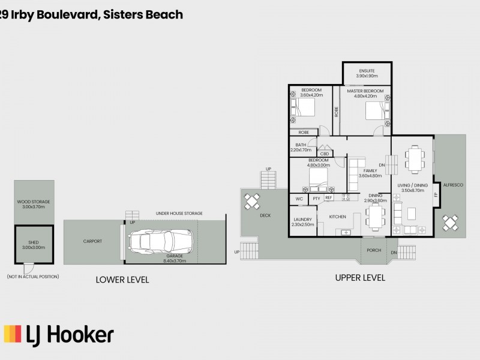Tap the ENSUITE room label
(x=366, y=71)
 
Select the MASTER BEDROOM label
(x=365, y=91)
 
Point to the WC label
(x=298, y=198)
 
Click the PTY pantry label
(x=316, y=198)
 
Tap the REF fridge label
(x=328, y=197)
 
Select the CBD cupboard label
(x=324, y=154)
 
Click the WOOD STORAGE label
(x=34, y=202)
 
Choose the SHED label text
(x=34, y=242)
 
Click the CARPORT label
(x=92, y=241)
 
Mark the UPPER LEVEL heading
(x=360, y=278)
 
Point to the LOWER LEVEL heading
(x=122, y=280)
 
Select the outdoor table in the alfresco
(x=451, y=223)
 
